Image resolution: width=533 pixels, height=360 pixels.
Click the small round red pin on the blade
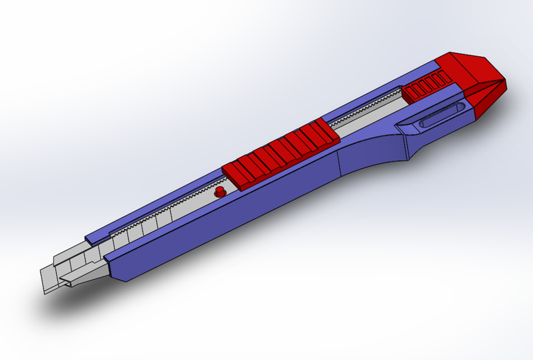pos(220,192)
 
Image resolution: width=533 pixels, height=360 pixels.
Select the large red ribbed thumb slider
pos(280,154)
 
